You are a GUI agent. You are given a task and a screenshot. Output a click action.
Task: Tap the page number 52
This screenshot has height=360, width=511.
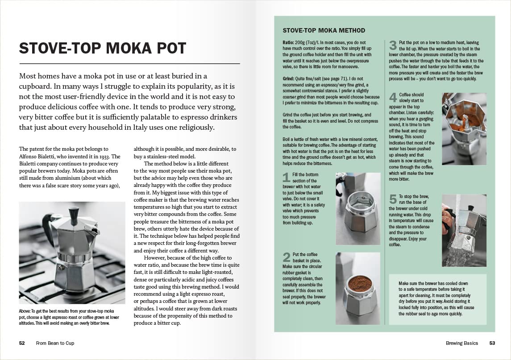(22, 343)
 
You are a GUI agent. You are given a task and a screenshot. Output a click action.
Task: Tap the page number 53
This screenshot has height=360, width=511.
(492, 343)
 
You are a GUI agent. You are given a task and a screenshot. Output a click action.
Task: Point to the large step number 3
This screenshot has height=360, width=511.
(393, 46)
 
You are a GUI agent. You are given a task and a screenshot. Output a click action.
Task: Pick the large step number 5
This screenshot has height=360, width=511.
(393, 199)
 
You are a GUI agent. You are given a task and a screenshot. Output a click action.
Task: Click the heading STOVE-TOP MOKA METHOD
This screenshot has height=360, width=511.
(324, 31)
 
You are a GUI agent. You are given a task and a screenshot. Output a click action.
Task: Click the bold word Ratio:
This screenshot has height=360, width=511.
(289, 42)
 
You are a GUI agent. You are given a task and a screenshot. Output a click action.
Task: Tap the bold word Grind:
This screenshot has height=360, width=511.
(289, 78)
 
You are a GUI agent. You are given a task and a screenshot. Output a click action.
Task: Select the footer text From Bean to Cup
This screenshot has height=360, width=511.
(55, 343)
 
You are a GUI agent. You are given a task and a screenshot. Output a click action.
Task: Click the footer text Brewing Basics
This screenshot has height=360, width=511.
(461, 343)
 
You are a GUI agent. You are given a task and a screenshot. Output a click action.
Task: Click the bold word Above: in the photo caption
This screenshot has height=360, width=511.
(25, 311)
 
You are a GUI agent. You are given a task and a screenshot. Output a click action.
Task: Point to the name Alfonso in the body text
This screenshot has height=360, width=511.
(30, 157)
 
